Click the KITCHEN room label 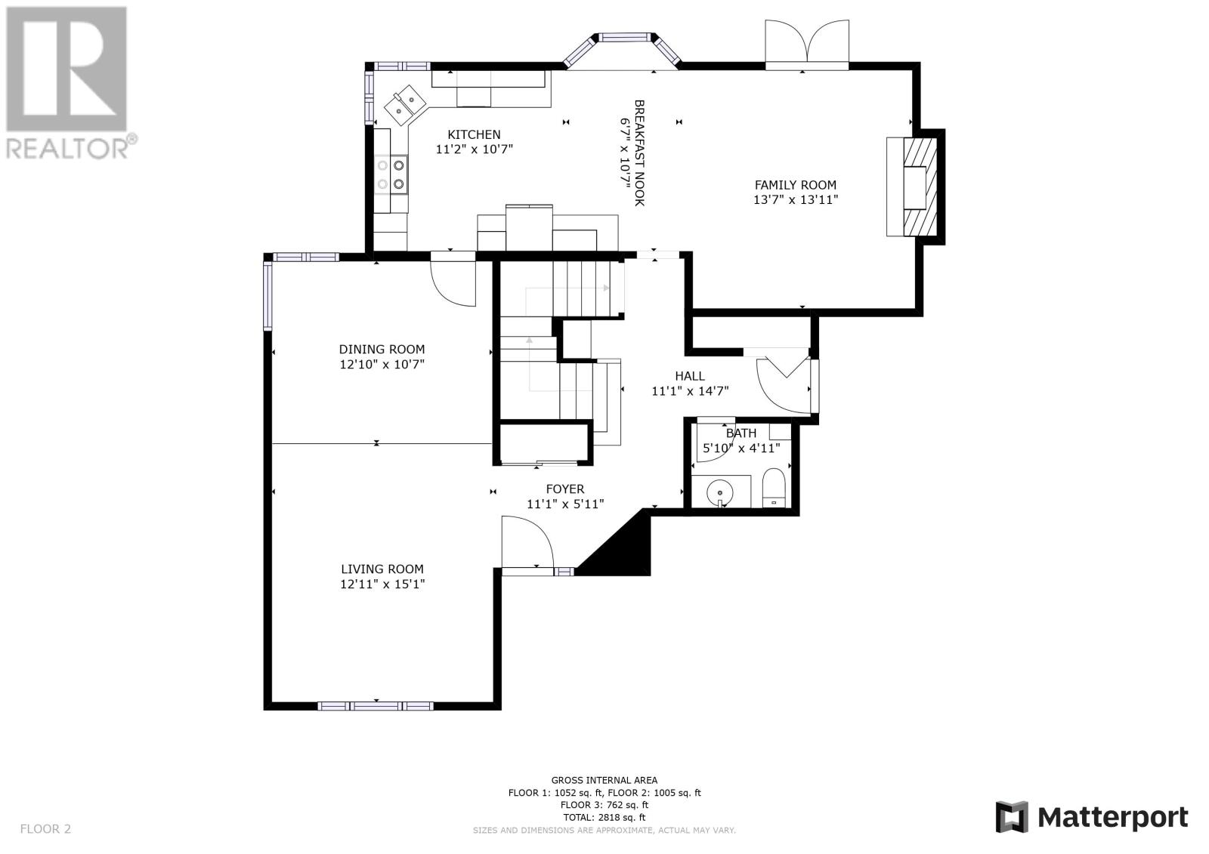(474, 134)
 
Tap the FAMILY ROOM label (795, 185)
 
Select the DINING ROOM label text (382, 350)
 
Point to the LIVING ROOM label (382, 569)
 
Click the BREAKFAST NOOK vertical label (639, 153)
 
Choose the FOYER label (565, 489)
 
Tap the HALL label (690, 376)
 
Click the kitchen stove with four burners (391, 174)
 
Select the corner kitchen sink (405, 105)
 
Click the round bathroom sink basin (719, 493)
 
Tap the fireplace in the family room (915, 187)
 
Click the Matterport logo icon (1012, 817)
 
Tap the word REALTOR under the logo (67, 149)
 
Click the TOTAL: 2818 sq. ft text (604, 817)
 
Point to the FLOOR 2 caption (45, 828)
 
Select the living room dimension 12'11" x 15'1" (382, 584)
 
